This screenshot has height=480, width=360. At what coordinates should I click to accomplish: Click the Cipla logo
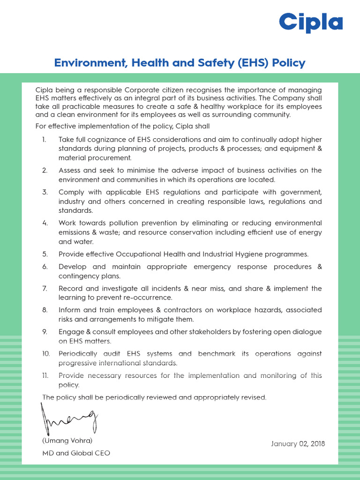[x=311, y=23]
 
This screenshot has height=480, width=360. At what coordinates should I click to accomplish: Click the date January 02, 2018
[x=298, y=444]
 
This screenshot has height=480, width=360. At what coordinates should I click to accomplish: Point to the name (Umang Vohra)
[x=67, y=441]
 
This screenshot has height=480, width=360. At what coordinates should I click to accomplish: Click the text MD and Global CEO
[x=76, y=453]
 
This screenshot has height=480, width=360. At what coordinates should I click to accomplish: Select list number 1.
[x=44, y=140]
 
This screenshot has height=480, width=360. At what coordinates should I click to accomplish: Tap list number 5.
[x=45, y=254]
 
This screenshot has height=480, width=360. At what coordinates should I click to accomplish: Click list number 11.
[x=45, y=375]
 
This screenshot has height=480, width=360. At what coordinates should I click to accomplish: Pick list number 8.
[x=45, y=310]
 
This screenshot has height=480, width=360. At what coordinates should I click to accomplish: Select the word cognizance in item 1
[x=104, y=140]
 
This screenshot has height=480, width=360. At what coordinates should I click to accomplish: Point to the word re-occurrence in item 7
[x=146, y=298]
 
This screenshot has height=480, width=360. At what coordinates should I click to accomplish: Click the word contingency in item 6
[x=78, y=276]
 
